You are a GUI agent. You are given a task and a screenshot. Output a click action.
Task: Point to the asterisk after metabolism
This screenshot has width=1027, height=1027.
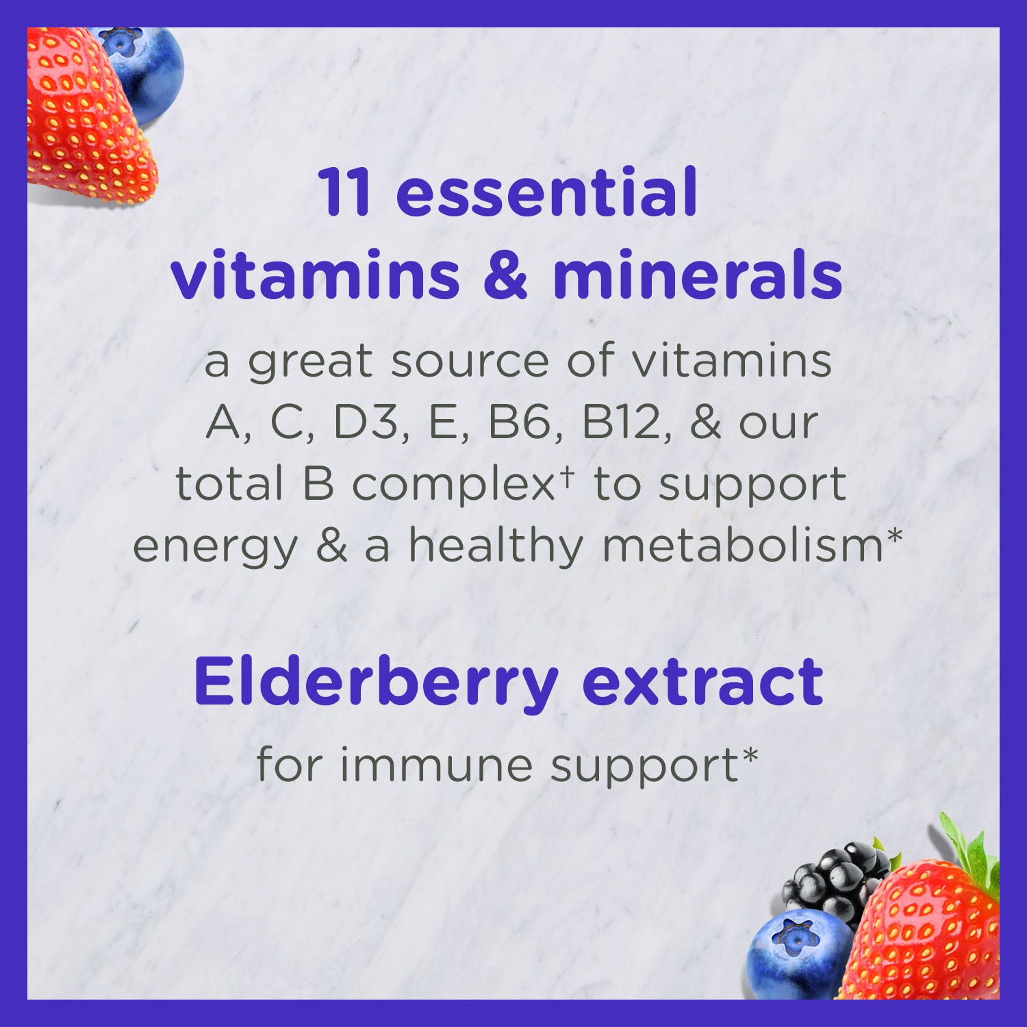895,535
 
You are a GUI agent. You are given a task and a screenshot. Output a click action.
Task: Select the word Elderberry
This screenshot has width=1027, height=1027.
376,683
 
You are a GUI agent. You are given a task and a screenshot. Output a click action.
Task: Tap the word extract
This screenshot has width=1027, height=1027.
702,683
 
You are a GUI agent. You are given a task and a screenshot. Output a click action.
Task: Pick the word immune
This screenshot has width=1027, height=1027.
436,765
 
